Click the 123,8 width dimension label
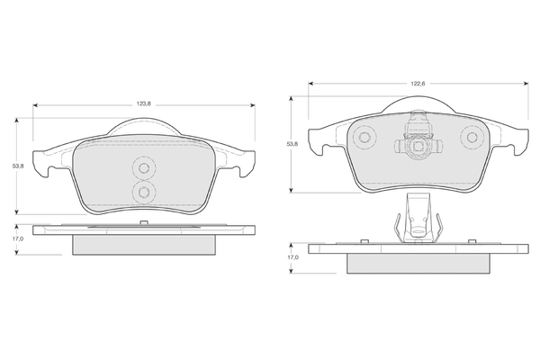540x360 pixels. pos(144,104)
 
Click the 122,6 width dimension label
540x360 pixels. pos(418,84)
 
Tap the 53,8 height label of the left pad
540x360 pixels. pos(18,166)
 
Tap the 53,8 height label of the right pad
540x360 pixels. pos(292,144)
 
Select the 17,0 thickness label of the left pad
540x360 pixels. pos(19,238)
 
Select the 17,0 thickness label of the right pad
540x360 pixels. pos(293,257)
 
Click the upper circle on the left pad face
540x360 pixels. pos(144,167)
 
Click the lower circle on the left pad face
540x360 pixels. pos(144,191)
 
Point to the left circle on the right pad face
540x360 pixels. pos(364,137)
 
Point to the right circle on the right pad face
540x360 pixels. pos(471,137)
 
